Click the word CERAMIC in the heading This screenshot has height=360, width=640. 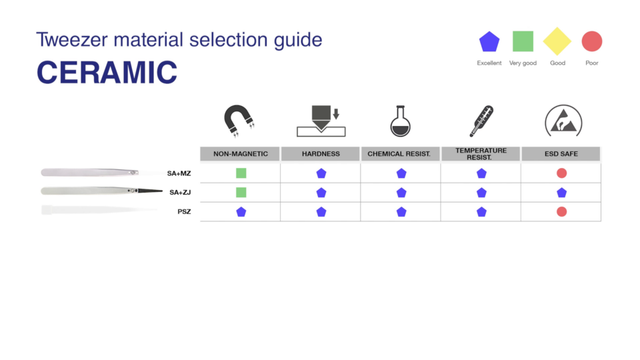click(107, 72)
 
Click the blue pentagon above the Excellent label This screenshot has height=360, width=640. click(489, 41)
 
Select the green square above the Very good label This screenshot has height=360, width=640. click(523, 41)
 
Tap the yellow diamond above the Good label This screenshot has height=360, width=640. click(557, 41)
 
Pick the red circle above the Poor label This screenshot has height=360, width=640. click(592, 41)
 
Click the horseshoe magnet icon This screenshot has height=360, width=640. click(239, 121)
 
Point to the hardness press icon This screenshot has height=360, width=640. click(321, 121)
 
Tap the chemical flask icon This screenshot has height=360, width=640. click(401, 121)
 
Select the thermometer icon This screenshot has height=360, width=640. click(481, 121)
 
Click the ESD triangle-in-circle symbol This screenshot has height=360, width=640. click(563, 121)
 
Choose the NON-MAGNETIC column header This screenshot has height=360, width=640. click(241, 154)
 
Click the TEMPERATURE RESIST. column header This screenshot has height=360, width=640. click(481, 154)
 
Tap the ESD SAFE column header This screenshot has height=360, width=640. click(561, 154)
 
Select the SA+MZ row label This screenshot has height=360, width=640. click(179, 173)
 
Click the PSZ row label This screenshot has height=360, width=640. click(184, 212)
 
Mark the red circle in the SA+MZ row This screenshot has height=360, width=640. click(561, 173)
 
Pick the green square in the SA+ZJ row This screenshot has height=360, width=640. click(241, 192)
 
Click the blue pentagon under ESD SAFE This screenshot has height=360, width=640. click(561, 193)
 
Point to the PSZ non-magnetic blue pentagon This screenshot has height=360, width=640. click(241, 212)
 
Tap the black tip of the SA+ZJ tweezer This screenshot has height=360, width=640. click(150, 191)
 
